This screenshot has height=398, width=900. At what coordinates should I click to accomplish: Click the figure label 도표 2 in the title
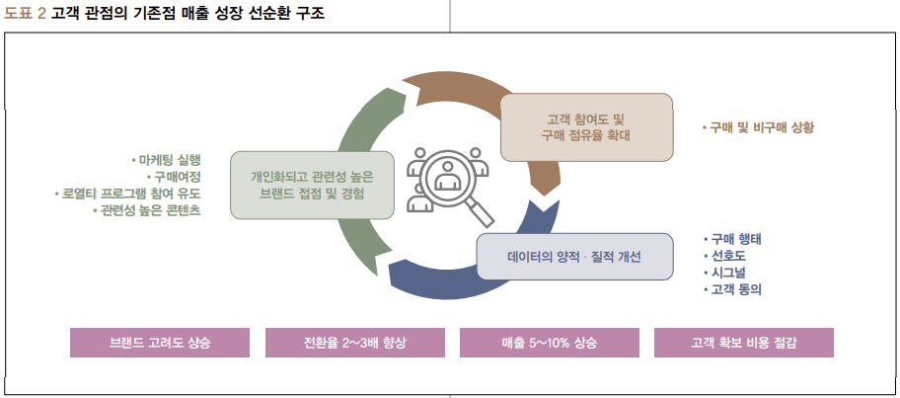pos(25,14)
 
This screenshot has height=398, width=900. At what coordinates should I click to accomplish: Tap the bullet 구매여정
pos(177,176)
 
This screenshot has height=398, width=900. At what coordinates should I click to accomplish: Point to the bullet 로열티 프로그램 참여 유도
pos(129,194)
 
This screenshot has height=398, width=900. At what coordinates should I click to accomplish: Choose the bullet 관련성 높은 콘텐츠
pos(148,210)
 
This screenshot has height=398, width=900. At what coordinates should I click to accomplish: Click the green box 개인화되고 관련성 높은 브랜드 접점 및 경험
pos(312,185)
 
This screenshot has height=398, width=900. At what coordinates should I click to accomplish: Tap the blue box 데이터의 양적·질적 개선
pos(574,257)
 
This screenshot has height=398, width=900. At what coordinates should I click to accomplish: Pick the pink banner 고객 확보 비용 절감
pos(743,342)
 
